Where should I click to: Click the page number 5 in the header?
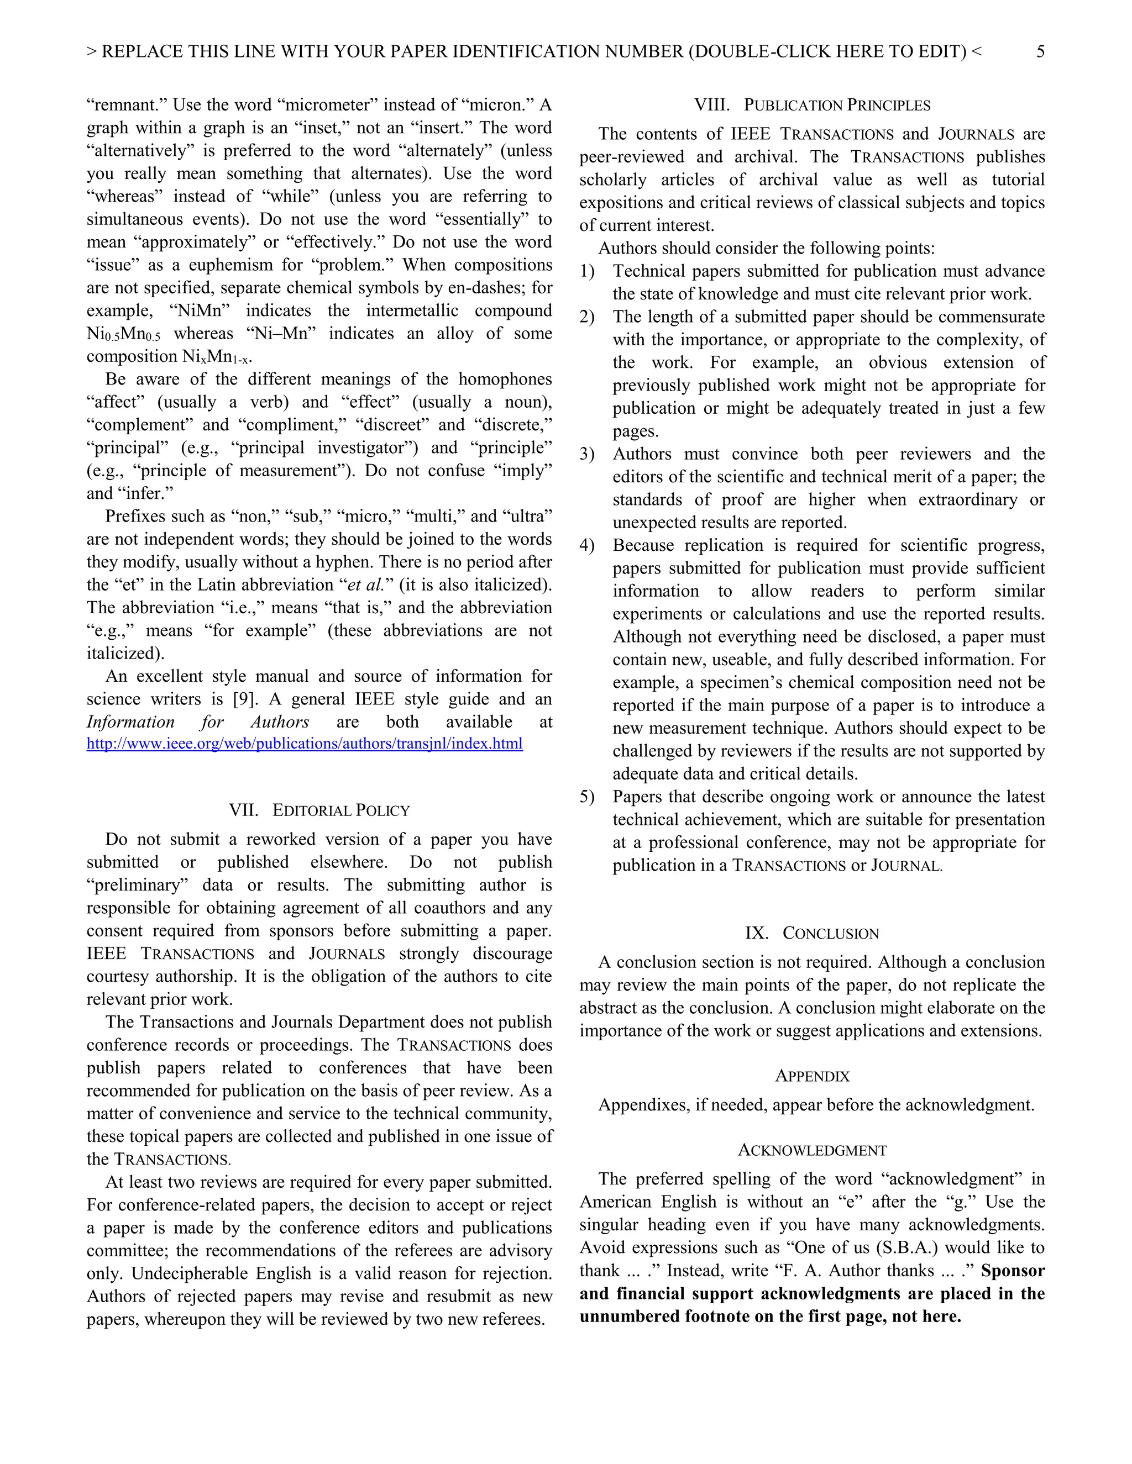[x=1040, y=51]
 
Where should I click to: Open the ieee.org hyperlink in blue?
[x=305, y=744]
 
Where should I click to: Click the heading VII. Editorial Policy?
[x=319, y=810]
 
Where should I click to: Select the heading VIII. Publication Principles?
[x=812, y=105]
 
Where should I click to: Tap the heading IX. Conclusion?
[x=812, y=933]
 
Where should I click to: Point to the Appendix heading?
[x=812, y=1076]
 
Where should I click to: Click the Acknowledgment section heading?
[x=812, y=1150]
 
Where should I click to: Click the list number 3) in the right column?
[x=587, y=455]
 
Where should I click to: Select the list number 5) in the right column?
[x=587, y=797]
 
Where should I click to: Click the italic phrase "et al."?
[x=365, y=585]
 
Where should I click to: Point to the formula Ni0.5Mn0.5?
[x=123, y=334]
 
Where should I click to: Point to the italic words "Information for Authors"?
[x=198, y=722]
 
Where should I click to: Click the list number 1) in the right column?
[x=587, y=271]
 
